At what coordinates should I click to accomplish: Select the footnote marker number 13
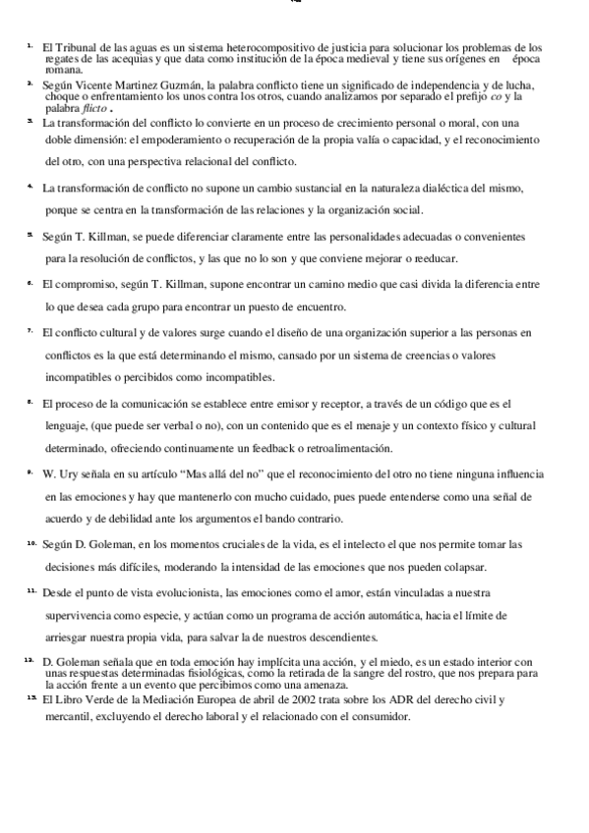pos(30,697)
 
